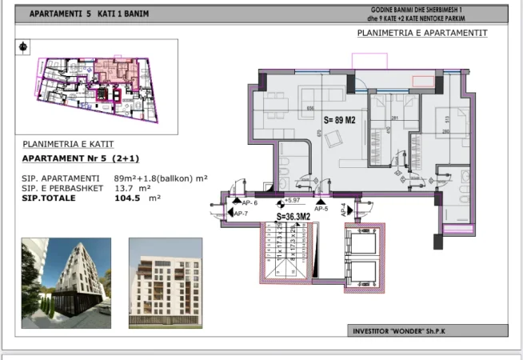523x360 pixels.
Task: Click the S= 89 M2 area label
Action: point(339,119)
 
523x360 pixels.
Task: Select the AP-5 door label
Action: point(321,208)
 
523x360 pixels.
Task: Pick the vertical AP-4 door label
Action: point(344,211)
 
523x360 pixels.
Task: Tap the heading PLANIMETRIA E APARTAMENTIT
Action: point(421,33)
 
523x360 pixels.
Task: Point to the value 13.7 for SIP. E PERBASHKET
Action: point(125,188)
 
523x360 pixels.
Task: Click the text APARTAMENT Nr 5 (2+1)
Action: point(78,159)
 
